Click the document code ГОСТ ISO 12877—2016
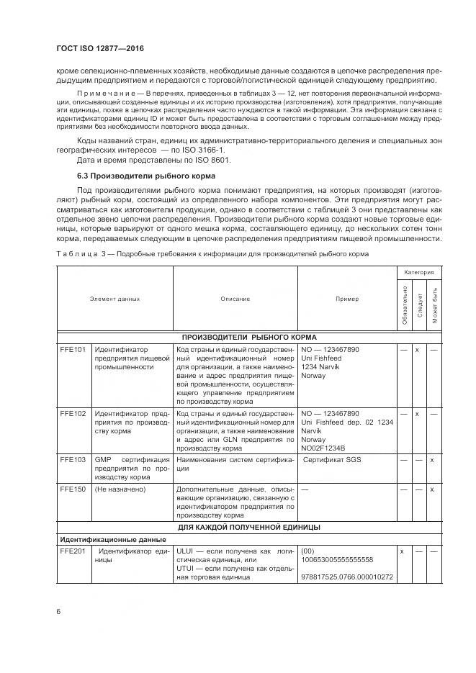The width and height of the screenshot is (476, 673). [99, 48]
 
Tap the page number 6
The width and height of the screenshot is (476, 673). [58, 612]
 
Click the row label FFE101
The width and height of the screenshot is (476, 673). [73, 349]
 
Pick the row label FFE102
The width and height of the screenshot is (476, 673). [73, 414]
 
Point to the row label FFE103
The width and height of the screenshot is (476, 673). [73, 459]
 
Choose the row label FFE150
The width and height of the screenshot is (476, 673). [73, 489]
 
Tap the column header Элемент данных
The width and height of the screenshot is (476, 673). [114, 298]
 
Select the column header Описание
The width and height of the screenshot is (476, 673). [235, 298]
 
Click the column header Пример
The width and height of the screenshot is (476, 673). [346, 298]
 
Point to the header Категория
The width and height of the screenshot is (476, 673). [418, 273]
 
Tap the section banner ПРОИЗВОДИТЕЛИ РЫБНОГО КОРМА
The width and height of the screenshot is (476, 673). [249, 336]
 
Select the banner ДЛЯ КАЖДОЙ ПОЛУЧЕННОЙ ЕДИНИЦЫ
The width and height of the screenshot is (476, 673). [249, 527]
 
